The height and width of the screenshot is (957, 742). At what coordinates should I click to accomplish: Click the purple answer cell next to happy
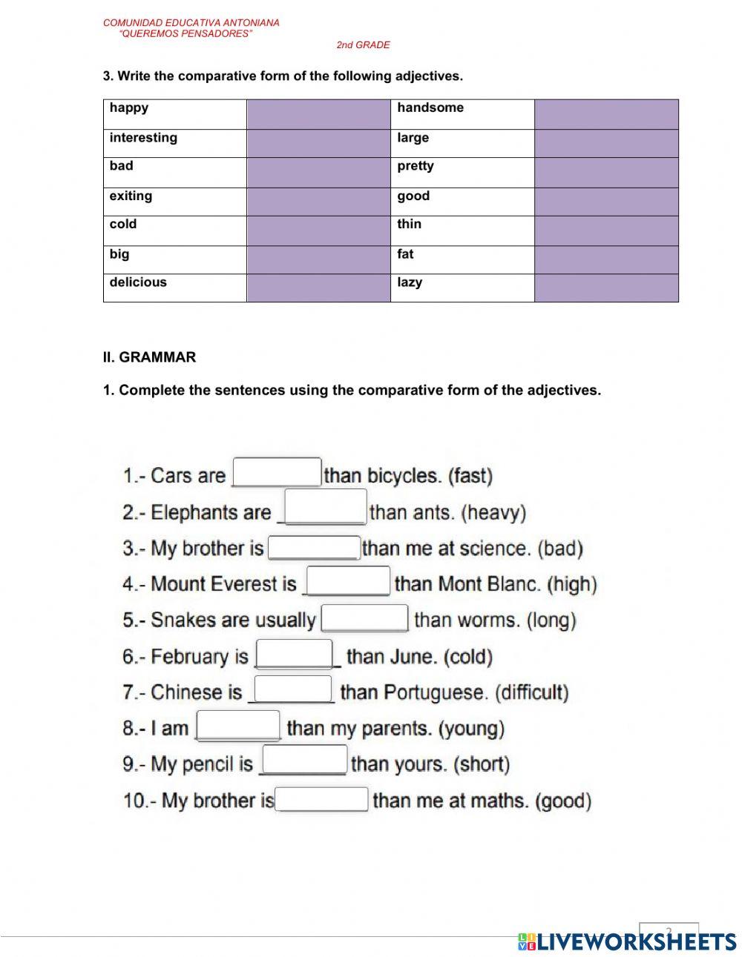click(x=318, y=115)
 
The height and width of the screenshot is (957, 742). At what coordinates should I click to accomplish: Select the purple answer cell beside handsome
click(x=606, y=115)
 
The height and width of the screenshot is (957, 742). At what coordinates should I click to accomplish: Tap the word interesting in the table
click(x=143, y=138)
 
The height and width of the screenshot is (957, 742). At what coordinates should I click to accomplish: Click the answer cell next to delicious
click(x=318, y=288)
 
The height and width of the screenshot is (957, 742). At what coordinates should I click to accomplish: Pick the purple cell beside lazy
click(x=606, y=288)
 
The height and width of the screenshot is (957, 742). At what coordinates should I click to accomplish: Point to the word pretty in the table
click(x=416, y=166)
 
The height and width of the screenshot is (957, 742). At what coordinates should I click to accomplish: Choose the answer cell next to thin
click(x=606, y=231)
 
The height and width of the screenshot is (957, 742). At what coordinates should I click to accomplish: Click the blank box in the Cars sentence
click(x=278, y=472)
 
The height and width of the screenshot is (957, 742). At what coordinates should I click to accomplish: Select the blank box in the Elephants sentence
click(x=326, y=506)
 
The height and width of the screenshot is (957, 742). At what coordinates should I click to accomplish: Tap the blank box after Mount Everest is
click(x=348, y=580)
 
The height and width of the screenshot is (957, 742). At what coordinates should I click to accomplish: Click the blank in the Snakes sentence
click(x=364, y=617)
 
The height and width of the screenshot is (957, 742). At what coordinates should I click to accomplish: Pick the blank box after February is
click(x=294, y=654)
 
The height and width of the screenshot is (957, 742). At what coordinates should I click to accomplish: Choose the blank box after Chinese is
click(x=293, y=689)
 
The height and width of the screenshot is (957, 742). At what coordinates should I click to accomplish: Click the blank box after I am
click(x=238, y=725)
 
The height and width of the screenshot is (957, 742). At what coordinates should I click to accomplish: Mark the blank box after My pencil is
click(x=305, y=760)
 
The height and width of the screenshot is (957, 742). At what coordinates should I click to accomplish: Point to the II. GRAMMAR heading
click(x=149, y=357)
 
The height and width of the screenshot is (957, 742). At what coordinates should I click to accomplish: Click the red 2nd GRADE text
click(x=363, y=45)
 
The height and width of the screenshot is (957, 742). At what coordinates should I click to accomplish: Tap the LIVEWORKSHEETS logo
click(x=627, y=941)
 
